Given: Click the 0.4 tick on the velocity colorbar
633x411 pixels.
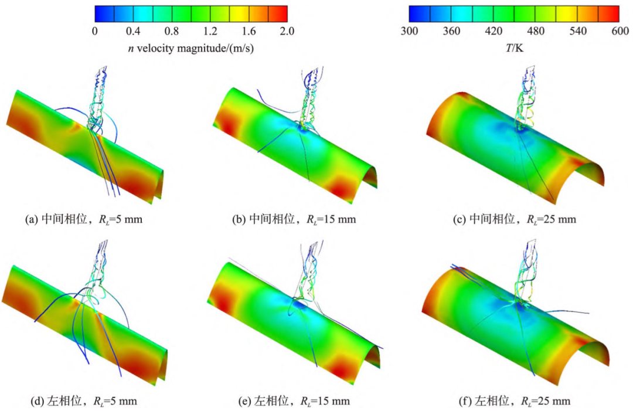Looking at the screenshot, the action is coord(133,31).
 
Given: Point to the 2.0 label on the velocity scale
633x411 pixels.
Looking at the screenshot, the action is coord(287,31).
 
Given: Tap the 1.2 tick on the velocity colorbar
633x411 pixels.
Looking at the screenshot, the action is coord(210,31).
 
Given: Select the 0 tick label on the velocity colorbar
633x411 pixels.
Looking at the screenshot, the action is coord(95,31).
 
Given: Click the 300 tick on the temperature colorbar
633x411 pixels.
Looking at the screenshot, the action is coord(409,31).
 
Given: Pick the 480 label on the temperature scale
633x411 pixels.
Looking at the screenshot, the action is coord(536,31).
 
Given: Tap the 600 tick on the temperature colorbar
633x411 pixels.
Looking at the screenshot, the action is coord(620,31).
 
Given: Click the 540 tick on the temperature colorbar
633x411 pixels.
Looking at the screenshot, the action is coord(578,31).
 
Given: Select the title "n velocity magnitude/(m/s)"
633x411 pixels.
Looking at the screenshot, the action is coord(190,49).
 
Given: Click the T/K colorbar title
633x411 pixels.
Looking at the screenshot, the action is coord(515,48).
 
